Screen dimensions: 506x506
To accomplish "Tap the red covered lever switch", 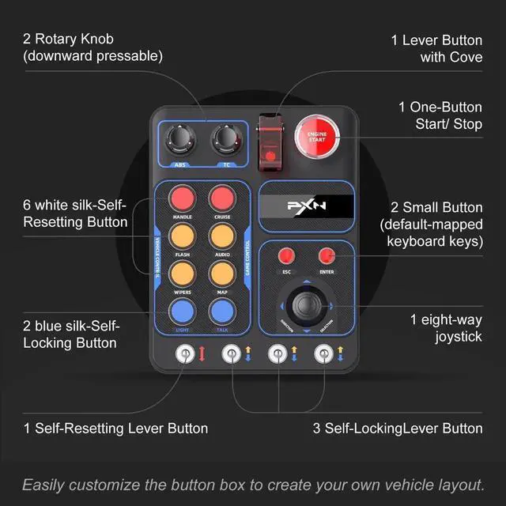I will tap(271, 140).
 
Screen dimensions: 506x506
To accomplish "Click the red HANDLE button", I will tap(182, 198).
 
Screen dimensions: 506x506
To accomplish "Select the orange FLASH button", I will tap(182, 236).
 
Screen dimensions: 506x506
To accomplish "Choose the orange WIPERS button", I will tap(182, 274).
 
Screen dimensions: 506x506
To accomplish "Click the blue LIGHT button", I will tap(182, 310).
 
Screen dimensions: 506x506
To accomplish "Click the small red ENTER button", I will tap(326, 255).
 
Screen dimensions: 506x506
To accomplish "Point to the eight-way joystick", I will tap(306, 304).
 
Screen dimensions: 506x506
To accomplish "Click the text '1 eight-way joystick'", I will tap(446, 327).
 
